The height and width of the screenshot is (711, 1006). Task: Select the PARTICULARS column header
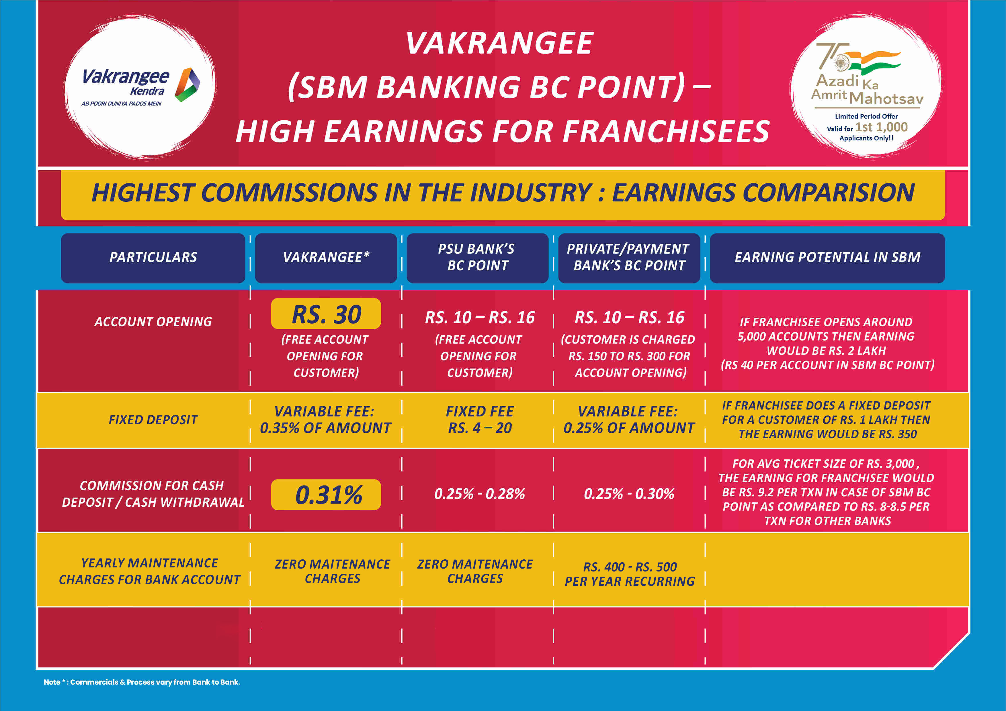153,258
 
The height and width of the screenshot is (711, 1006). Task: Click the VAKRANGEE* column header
326,258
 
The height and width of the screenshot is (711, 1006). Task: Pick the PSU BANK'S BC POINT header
478,258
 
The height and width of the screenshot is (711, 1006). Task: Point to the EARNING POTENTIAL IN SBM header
827,258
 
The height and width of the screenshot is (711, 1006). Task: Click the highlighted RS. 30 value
326,314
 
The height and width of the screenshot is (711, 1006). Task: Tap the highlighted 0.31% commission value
326,495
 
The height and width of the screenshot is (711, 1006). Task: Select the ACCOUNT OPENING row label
153,322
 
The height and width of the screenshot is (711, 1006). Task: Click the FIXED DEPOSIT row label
153,420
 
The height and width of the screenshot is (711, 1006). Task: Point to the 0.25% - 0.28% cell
479,494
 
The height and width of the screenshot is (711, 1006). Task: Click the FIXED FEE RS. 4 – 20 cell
480,420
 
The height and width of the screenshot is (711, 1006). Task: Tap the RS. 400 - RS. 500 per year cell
630,574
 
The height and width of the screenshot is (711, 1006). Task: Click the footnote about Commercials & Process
142,682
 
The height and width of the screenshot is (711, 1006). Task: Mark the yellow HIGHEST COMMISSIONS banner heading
503,193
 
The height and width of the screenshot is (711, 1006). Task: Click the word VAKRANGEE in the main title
499,43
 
